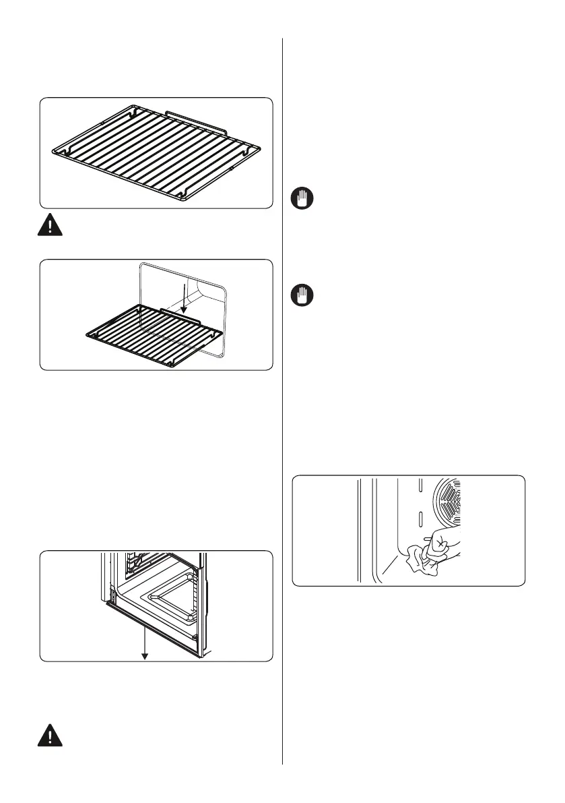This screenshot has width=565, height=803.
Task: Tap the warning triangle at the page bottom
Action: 51,736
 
